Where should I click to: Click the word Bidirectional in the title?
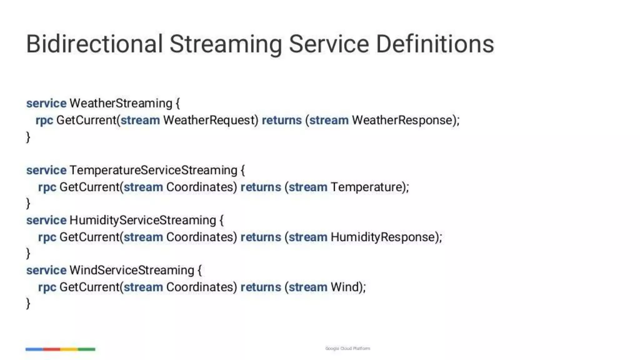click(94, 44)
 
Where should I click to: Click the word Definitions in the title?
click(435, 44)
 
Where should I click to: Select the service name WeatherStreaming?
click(121, 103)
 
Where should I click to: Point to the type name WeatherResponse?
click(402, 120)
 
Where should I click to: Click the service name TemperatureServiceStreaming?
click(153, 170)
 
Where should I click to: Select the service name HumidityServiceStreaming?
click(142, 220)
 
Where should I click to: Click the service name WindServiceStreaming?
click(132, 270)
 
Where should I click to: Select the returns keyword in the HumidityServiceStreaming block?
click(261, 237)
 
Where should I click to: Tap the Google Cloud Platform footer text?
click(347, 348)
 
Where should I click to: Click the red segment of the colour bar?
click(52, 349)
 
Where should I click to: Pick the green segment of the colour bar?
click(87, 349)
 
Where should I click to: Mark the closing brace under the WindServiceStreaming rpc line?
click(28, 303)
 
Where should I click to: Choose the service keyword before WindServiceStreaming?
click(46, 270)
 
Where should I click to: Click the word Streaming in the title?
click(225, 44)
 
